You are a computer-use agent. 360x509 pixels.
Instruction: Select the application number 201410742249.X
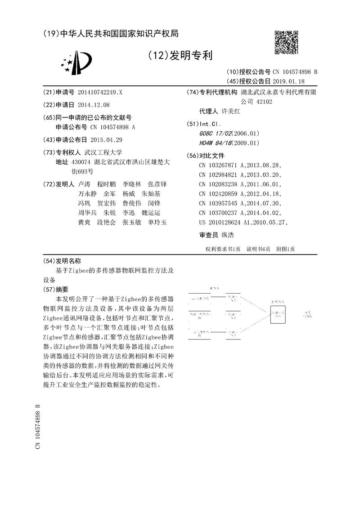[x=99, y=92]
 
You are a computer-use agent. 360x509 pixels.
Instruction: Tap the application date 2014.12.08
[x=93, y=105]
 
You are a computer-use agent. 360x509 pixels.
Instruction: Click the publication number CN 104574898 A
[x=112, y=127]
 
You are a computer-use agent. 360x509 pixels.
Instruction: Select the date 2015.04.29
[x=106, y=140]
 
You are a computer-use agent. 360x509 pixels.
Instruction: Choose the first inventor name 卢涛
[x=84, y=184]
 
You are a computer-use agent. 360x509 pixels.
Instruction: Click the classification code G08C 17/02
[x=215, y=134]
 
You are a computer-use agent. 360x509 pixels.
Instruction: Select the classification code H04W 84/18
[x=215, y=143]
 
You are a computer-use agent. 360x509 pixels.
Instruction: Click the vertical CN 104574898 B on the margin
[x=38, y=425]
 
